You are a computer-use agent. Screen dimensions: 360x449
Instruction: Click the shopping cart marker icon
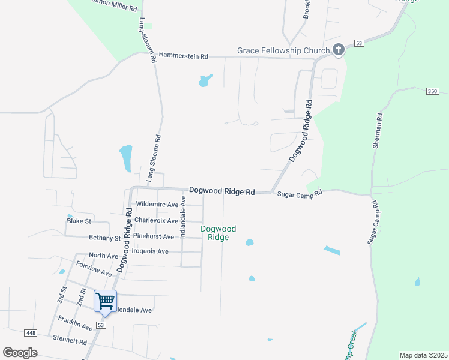[106, 301]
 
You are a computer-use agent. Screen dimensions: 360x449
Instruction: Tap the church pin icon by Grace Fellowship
[339, 50]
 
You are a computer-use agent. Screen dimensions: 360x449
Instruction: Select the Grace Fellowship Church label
[283, 51]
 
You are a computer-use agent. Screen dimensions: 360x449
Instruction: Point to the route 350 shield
[432, 91]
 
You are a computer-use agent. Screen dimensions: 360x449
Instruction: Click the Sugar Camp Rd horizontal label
[300, 193]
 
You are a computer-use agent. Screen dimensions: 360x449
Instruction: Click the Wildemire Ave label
[157, 204]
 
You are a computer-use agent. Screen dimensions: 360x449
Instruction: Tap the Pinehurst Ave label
[154, 236]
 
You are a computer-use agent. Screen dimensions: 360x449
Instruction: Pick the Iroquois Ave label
[150, 251]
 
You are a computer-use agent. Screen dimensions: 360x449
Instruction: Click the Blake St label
[79, 221]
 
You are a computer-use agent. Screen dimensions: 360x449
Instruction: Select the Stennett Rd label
[70, 341]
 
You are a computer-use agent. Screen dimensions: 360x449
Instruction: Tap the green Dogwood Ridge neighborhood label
[218, 233]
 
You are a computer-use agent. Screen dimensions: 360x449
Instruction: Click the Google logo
[20, 352]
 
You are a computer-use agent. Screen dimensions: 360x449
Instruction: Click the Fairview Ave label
[94, 268]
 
